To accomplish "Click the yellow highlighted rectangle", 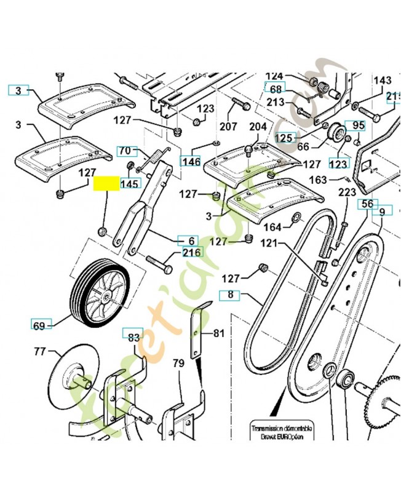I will click(x=106, y=183).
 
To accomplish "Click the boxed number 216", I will click(x=191, y=253).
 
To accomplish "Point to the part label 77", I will click(x=40, y=352).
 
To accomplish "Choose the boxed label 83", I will click(x=133, y=336).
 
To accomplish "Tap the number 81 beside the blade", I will click(x=219, y=333).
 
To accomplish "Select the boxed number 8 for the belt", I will click(x=231, y=295).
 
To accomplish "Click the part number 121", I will click(x=269, y=244).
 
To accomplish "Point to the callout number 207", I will click(x=228, y=127).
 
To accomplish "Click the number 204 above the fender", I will click(x=258, y=127).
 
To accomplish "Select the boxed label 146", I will click(x=191, y=161).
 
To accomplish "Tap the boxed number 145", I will click(x=130, y=183).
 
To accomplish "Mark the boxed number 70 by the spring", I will click(x=124, y=151).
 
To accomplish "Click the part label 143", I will click(x=382, y=81).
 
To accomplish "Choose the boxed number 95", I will click(x=358, y=125).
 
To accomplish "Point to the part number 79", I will click(x=178, y=363).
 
